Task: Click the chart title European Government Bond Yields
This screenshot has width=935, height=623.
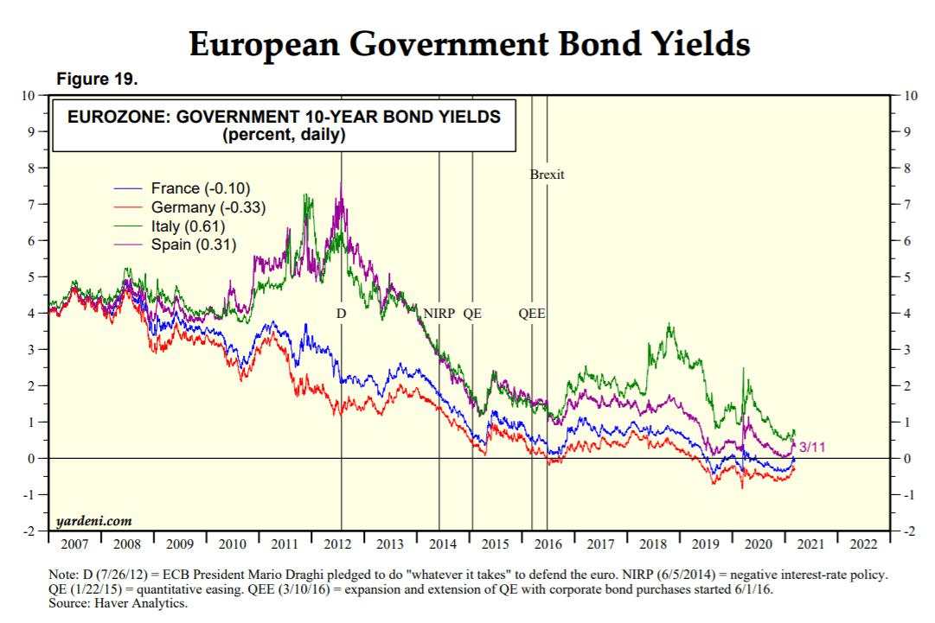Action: pos(469,43)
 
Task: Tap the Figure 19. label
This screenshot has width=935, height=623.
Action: pos(96,79)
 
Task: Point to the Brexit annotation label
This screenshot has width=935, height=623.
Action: pos(547,175)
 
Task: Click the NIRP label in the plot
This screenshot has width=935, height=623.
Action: pos(439,314)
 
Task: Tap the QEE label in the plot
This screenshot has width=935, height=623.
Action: pos(531,314)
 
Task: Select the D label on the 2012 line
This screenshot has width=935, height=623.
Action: pos(341,314)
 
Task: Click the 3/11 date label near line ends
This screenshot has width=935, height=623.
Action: pos(811,447)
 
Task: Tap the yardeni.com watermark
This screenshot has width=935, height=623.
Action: pos(93,521)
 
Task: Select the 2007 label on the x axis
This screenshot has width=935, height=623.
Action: pos(75,544)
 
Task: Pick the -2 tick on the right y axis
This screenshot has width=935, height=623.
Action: pos(910,531)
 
